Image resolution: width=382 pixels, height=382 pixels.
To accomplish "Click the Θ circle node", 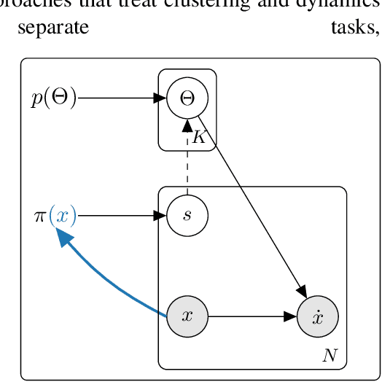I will (187, 98).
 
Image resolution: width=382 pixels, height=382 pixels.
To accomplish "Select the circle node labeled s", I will (187, 216).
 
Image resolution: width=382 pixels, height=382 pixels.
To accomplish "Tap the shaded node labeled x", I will (187, 316).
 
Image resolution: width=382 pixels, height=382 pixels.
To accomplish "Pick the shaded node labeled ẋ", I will (317, 316).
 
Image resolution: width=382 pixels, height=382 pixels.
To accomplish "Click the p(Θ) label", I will (53, 98).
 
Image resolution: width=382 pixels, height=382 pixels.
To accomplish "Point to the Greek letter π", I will (39, 217).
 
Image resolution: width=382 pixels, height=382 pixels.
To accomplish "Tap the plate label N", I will (330, 356).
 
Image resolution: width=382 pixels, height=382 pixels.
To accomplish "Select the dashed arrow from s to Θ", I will (187, 164).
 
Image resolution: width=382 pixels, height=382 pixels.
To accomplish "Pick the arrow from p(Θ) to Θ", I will (120, 98).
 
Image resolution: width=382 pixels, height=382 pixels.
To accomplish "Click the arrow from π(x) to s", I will (120, 216).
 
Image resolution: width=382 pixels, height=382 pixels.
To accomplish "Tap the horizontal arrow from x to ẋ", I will (252, 316).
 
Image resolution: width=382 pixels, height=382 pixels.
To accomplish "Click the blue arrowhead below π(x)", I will (65, 237).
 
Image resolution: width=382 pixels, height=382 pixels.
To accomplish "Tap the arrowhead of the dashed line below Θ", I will (187, 125).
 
